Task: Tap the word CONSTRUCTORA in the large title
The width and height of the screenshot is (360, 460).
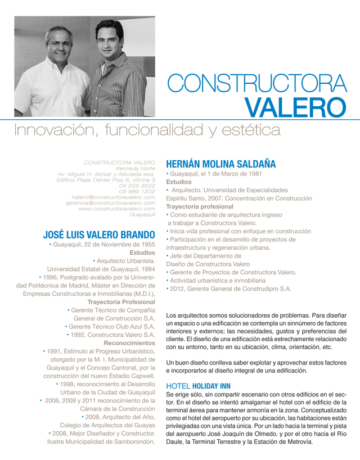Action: pyautogui.click(x=258, y=84)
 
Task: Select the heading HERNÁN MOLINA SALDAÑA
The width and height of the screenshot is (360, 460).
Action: pyautogui.click(x=221, y=164)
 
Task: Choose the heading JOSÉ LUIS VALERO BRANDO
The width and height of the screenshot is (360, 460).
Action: pyautogui.click(x=99, y=234)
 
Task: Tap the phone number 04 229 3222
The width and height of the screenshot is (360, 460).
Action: pyautogui.click(x=137, y=186)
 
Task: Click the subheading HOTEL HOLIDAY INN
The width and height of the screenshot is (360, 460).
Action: pyautogui.click(x=199, y=386)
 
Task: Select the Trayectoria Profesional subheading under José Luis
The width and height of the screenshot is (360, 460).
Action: pyautogui.click(x=121, y=302)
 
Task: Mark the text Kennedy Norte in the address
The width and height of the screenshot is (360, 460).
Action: pyautogui.click(x=135, y=168)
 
